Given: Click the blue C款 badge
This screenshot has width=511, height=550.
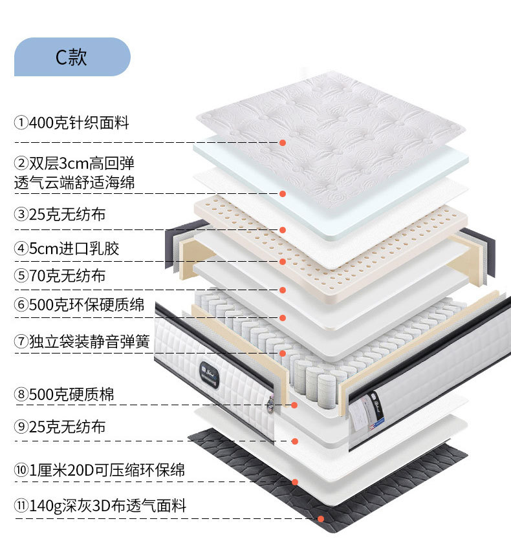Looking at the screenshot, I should point(72,57).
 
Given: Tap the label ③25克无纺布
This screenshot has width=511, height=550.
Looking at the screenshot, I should point(60,213).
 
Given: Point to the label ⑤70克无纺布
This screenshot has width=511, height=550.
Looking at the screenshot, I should point(60,277).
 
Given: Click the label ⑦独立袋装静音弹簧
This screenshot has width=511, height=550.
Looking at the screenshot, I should point(82,341).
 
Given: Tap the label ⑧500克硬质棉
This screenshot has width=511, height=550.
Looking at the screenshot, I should point(65,394).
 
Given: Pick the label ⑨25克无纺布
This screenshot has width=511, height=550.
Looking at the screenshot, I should point(60,427).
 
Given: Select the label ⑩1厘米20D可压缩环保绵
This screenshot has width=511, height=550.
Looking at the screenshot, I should point(100,470).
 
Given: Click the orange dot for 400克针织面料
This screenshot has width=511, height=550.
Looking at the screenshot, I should point(283,142).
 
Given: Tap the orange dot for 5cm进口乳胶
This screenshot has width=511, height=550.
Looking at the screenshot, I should point(283,262).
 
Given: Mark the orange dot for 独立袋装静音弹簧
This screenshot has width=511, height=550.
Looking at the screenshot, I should point(283,353).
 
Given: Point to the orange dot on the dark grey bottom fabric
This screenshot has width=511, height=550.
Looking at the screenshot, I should point(321,518).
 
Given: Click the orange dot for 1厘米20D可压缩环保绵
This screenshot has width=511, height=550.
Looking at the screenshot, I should point(295,482).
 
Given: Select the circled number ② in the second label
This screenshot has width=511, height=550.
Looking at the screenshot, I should point(21,162).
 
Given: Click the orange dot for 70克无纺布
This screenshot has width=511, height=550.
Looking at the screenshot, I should point(283,290).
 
